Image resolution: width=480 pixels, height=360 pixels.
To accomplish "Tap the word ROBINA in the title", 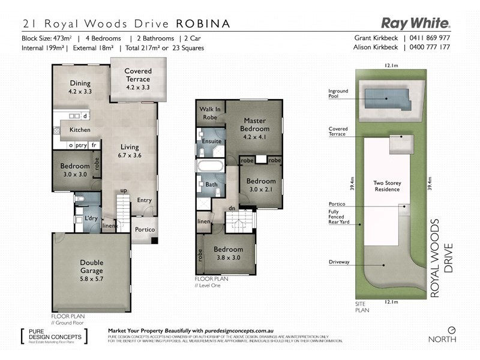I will pyautogui.click(x=203, y=24).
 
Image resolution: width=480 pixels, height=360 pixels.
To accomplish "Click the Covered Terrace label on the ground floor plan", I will pyautogui.click(x=138, y=75).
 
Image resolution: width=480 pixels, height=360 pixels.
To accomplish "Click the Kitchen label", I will pyautogui.click(x=80, y=130).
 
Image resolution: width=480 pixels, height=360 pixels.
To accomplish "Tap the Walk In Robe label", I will pyautogui.click(x=210, y=113).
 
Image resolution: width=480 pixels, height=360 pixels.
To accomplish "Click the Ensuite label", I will pyautogui.click(x=212, y=141).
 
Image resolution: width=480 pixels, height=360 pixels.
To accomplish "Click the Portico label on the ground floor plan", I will pyautogui.click(x=145, y=230).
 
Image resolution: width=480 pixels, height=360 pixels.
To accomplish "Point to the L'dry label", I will pyautogui.click(x=91, y=218).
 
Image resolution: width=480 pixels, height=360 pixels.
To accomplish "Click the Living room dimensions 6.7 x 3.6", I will pyautogui.click(x=130, y=155).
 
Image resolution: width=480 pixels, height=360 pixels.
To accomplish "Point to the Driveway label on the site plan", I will pyautogui.click(x=340, y=262).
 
